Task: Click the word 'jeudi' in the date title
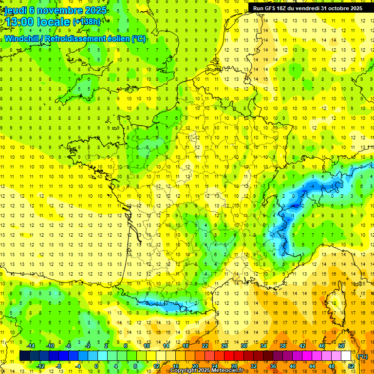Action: [x=15, y=10]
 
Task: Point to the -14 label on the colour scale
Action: [x=32, y=346]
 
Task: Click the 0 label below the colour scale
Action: [x=96, y=366]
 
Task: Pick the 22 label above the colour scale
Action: [x=205, y=346]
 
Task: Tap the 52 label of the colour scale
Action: [x=351, y=366]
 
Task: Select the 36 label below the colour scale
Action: [x=273, y=366]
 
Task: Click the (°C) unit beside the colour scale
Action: [x=363, y=356]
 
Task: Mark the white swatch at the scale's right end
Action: [x=346, y=356]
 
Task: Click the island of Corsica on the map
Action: [x=331, y=304]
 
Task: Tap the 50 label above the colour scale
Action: [x=341, y=346]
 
